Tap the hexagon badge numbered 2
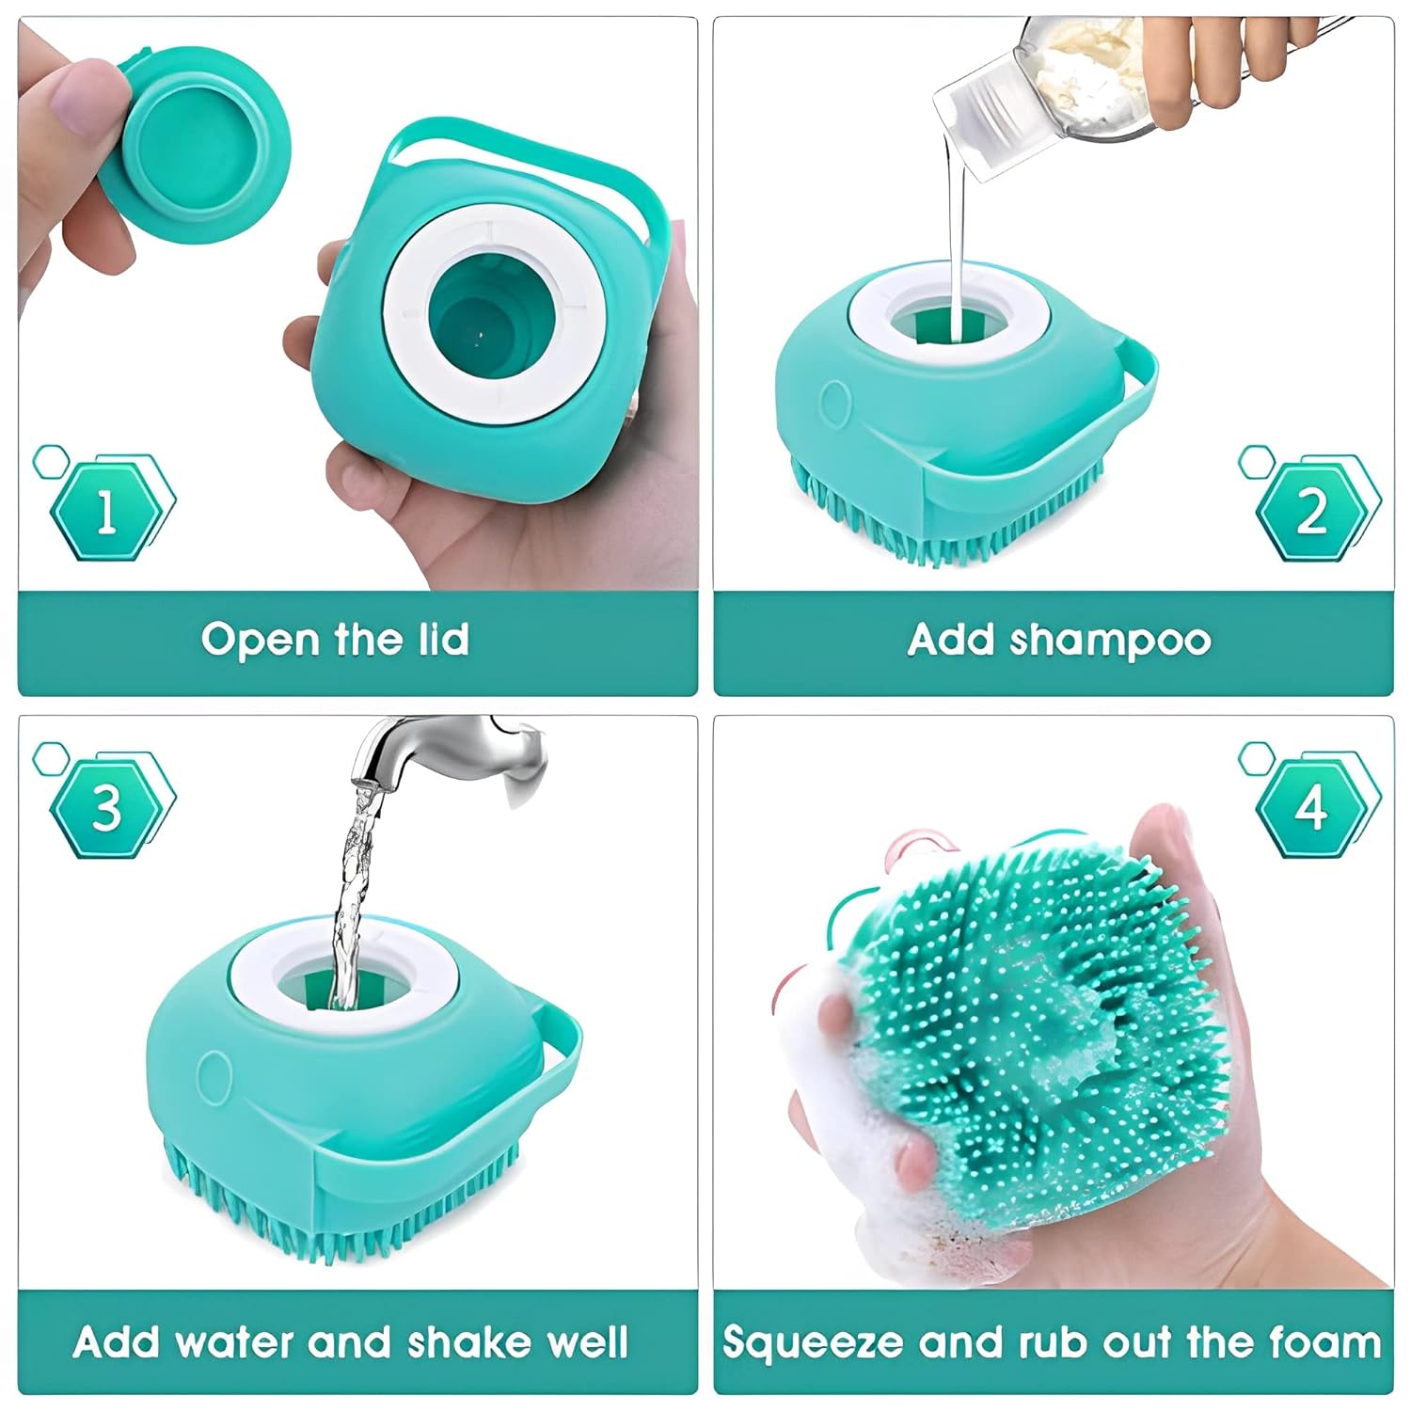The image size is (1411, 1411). pos(1311,512)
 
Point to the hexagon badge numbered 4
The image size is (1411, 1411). pos(1311,807)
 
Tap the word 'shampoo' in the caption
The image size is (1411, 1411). pos(1110,640)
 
